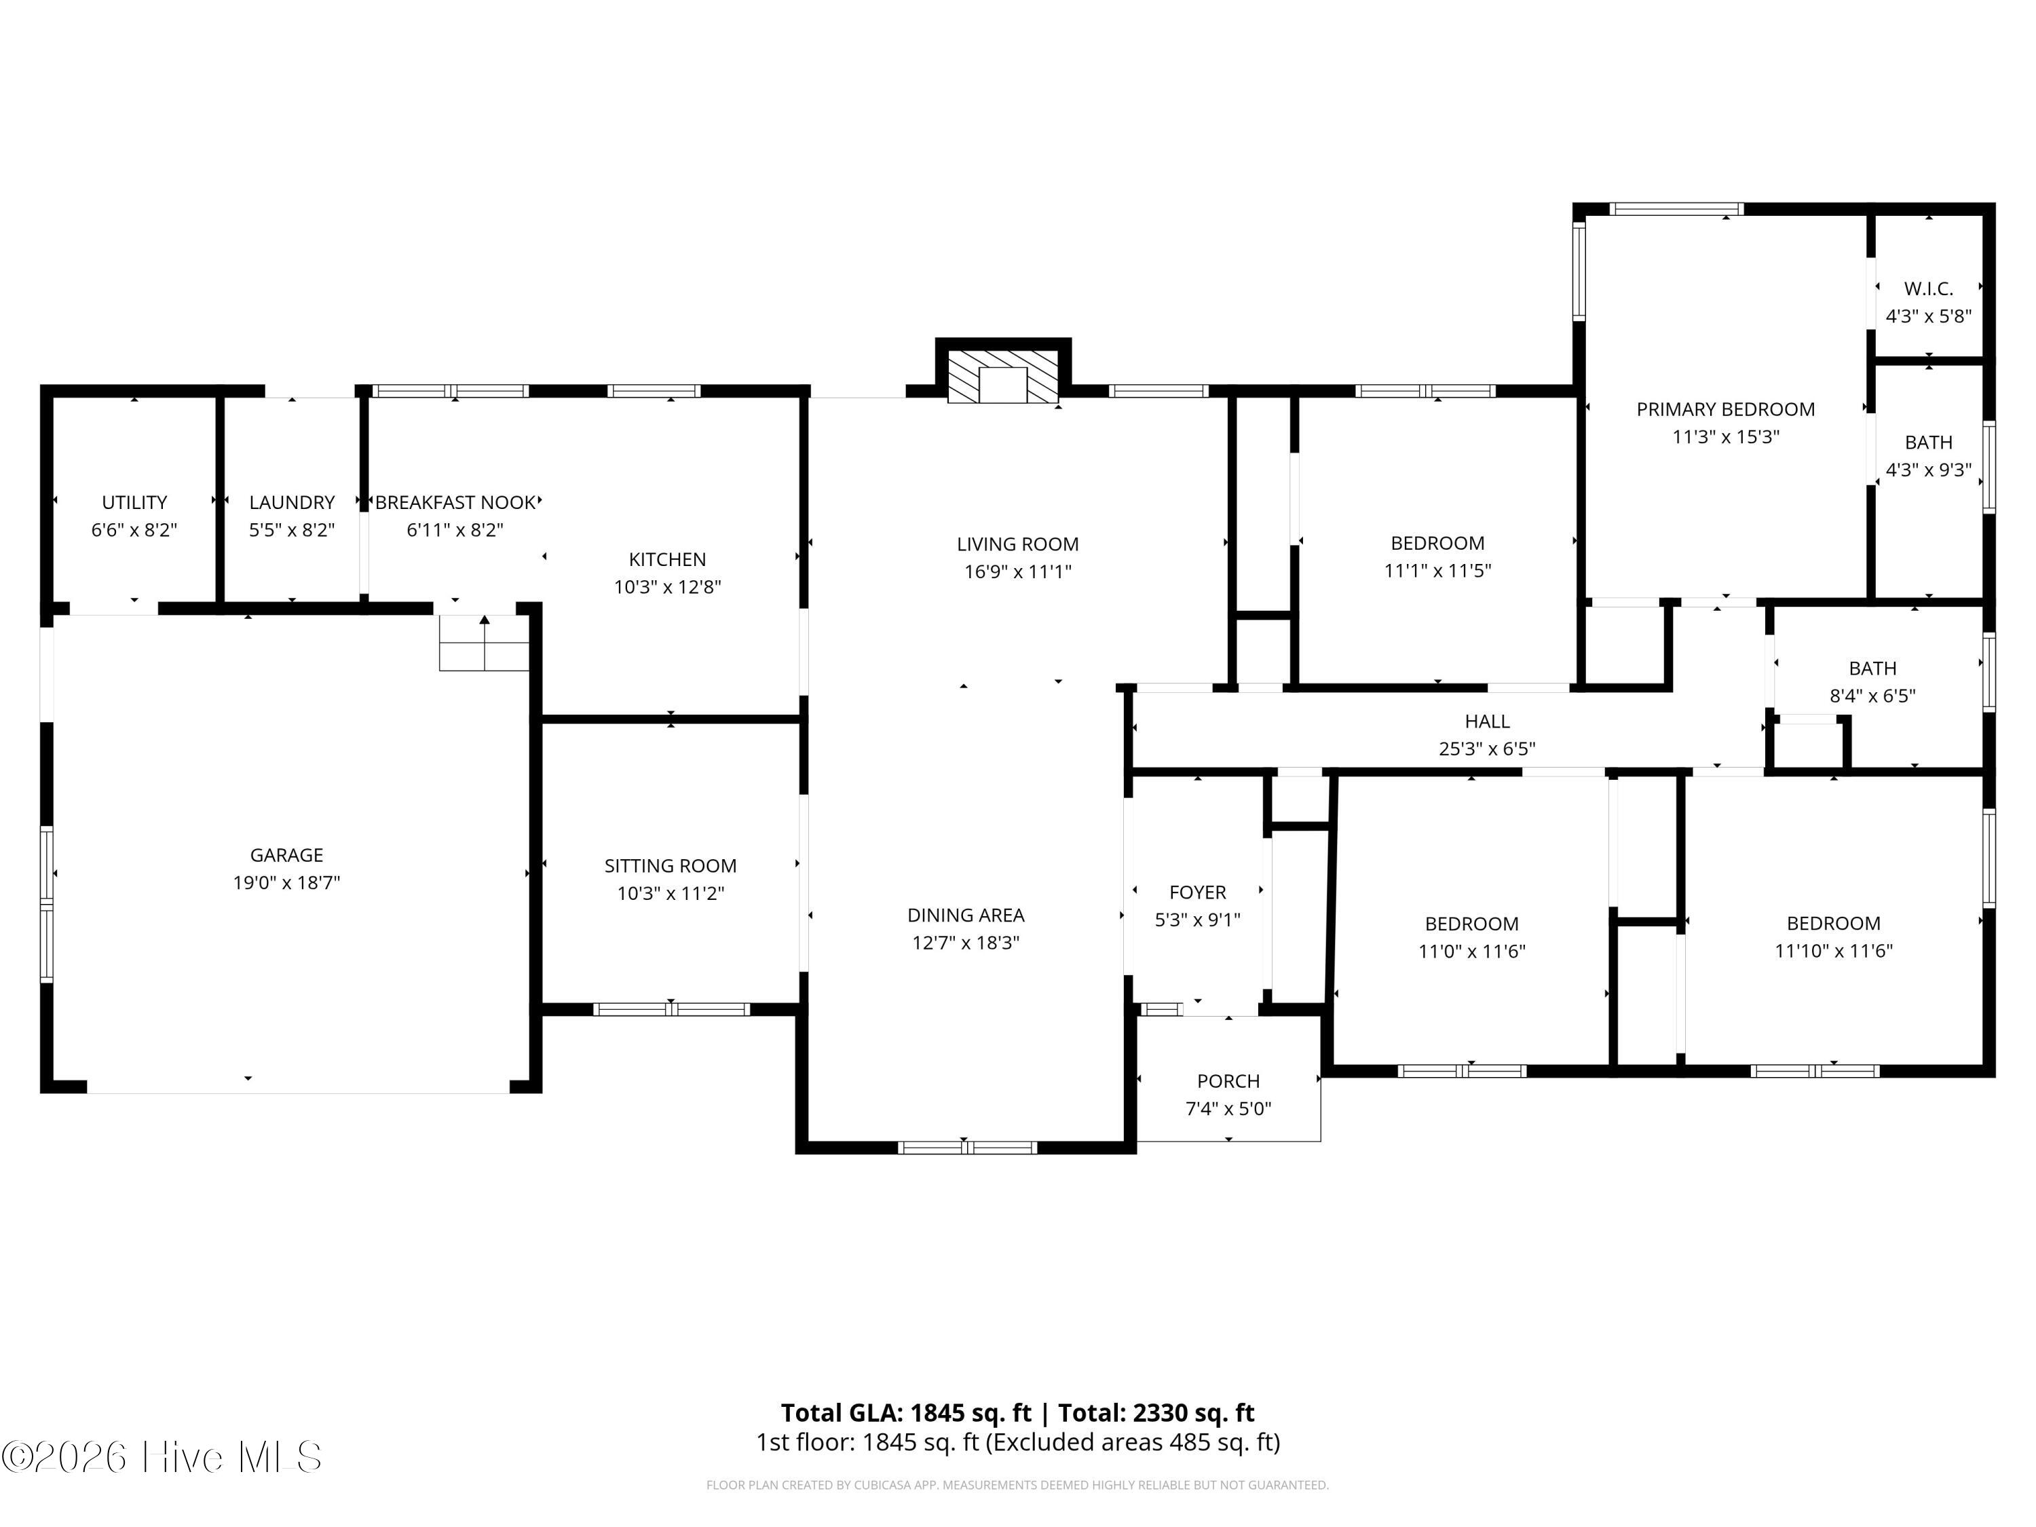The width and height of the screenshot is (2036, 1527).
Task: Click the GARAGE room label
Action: point(286,855)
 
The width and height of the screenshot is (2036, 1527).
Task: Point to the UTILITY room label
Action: point(134,503)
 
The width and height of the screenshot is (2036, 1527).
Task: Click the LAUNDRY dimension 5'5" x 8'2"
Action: point(292,530)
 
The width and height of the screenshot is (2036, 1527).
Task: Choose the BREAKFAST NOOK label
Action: point(455,503)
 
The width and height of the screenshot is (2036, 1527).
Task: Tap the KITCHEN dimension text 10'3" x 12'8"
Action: point(667,587)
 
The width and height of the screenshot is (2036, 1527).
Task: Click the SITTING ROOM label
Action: point(670,866)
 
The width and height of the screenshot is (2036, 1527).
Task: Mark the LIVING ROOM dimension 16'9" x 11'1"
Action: point(1017,571)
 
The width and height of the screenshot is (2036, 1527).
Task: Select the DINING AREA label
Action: point(966,915)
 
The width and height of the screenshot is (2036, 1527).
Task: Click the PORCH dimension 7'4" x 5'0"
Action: point(1228,1109)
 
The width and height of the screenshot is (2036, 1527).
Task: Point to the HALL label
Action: point(1486,721)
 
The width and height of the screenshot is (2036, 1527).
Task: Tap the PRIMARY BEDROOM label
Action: point(1725,410)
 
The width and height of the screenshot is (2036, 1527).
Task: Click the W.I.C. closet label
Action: point(1928,289)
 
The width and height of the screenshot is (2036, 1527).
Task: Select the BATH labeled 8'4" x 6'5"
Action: point(1872,668)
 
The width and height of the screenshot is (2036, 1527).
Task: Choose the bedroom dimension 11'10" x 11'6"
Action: point(1832,951)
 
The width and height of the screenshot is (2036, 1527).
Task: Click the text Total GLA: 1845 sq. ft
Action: point(906,1413)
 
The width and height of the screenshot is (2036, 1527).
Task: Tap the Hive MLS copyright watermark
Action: point(162,1457)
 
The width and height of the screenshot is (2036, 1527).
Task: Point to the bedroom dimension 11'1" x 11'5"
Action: point(1437,571)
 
